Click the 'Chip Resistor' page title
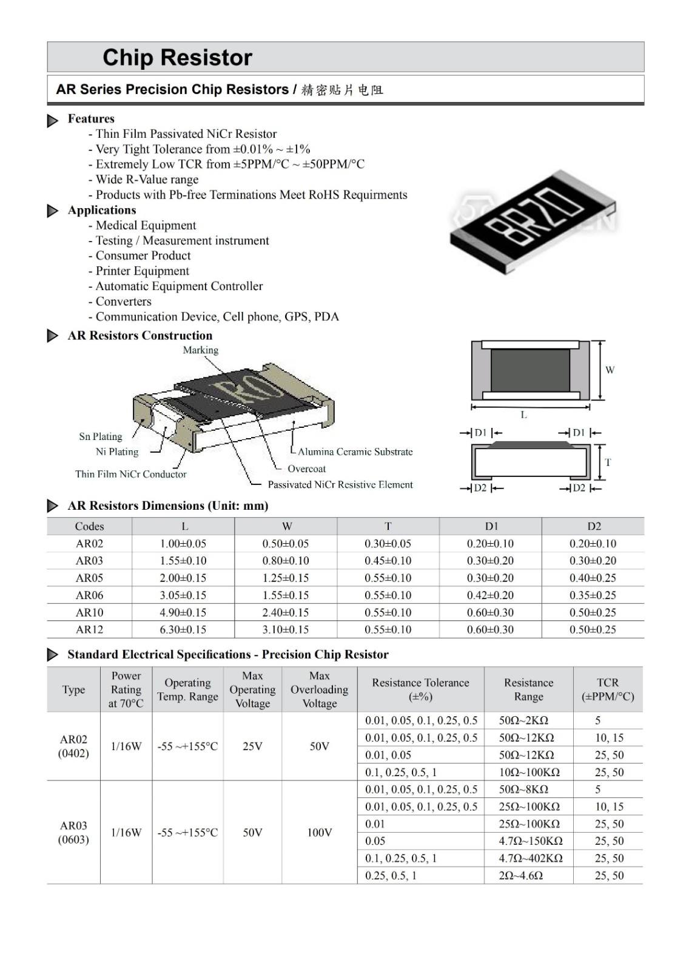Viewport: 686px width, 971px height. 177,58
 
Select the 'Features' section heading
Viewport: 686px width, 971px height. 91,118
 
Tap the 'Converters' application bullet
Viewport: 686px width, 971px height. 123,302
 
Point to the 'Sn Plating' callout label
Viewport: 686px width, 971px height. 101,436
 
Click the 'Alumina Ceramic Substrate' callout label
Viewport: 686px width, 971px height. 355,452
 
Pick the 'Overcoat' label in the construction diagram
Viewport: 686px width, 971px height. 306,469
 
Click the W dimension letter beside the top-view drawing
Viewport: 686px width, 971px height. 610,370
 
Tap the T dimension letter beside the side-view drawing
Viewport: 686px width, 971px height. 608,462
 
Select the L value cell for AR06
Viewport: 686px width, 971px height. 183,595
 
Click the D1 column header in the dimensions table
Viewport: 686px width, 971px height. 491,526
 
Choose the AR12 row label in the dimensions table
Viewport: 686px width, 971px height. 89,629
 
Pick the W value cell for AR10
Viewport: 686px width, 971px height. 286,612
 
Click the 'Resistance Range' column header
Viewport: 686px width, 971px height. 528,689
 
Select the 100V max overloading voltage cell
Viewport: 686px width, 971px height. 319,832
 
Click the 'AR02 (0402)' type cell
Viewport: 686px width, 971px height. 73,746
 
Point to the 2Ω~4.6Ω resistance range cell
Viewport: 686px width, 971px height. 520,875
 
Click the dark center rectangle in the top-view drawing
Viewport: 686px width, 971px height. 530,370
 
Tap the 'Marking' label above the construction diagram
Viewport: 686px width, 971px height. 200,350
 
